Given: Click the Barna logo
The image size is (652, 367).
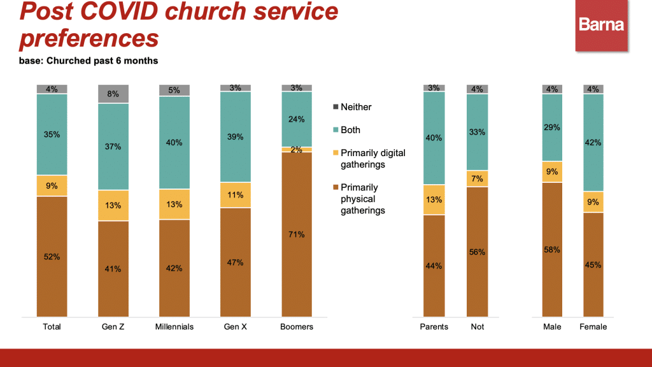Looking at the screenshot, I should click(601, 25).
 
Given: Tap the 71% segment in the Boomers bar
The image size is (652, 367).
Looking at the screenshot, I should click(297, 234).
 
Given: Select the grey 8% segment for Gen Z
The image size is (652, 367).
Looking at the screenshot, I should click(113, 94).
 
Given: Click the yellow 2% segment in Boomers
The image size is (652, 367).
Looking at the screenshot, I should click(297, 149).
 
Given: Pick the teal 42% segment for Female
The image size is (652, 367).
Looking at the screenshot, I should click(593, 143).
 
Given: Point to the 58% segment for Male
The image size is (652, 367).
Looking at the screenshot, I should click(553, 249).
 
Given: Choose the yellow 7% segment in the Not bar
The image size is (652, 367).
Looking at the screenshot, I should click(478, 178).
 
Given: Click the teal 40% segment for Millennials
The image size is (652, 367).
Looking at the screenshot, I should click(174, 143).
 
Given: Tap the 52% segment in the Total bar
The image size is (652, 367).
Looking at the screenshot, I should click(52, 256).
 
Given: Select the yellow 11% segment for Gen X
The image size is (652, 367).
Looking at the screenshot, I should click(236, 195).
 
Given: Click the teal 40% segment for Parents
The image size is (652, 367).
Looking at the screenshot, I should click(434, 138).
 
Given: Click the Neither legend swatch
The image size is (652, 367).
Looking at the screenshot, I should click(336, 107).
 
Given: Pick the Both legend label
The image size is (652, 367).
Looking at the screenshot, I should click(350, 130).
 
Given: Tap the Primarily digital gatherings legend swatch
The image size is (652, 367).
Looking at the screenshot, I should click(336, 153).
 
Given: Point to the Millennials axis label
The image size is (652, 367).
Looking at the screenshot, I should click(174, 327).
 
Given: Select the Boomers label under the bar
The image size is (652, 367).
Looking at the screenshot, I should click(297, 327).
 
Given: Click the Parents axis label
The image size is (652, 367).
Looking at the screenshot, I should click(434, 327).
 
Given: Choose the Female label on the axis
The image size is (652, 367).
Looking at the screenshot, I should click(593, 327).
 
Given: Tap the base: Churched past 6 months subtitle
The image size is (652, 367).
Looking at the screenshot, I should click(89, 61).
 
